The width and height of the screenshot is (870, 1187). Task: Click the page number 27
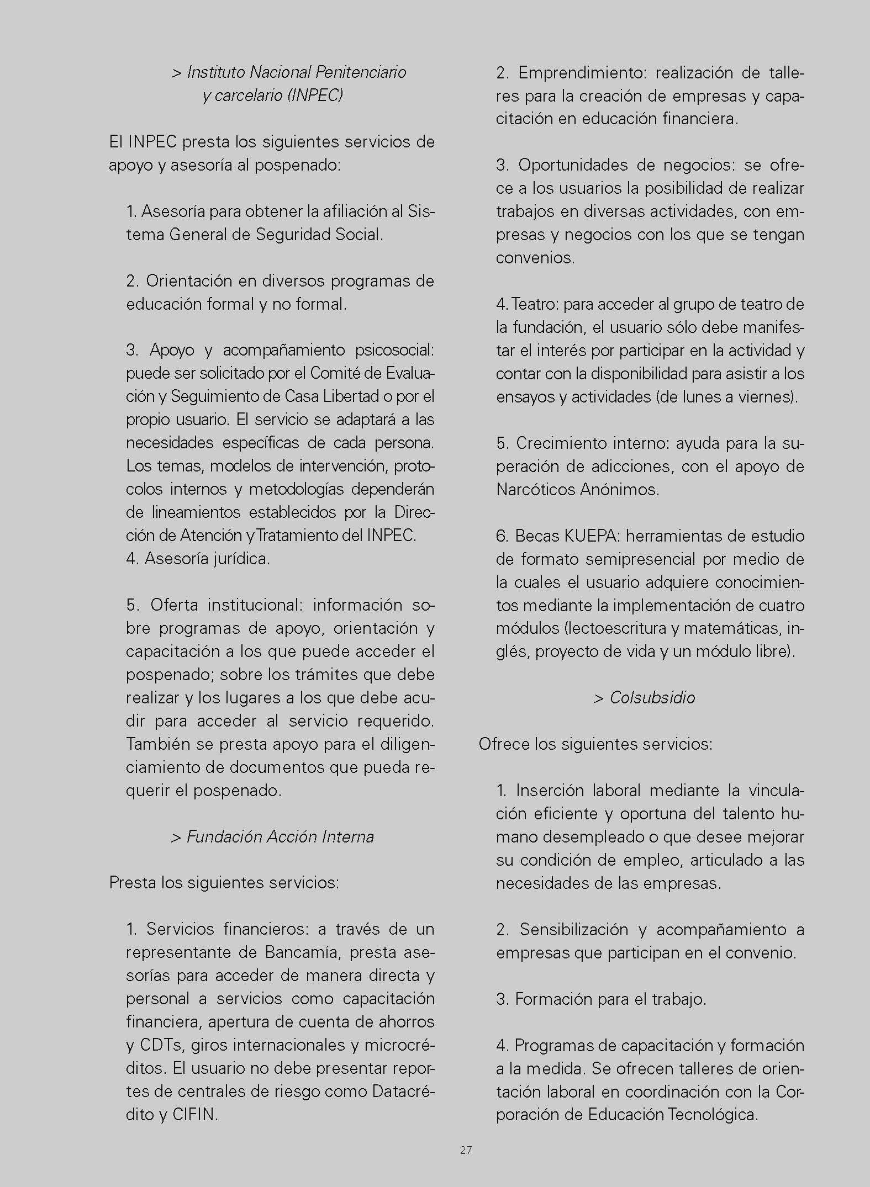coord(466,1150)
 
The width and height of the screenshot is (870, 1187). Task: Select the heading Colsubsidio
coord(652,698)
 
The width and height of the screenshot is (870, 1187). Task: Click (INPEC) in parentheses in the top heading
coord(315,96)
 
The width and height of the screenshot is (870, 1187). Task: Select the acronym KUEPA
coord(593,536)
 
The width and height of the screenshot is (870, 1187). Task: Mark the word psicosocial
coord(394,350)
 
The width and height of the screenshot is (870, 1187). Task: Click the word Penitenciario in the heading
coord(361,72)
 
